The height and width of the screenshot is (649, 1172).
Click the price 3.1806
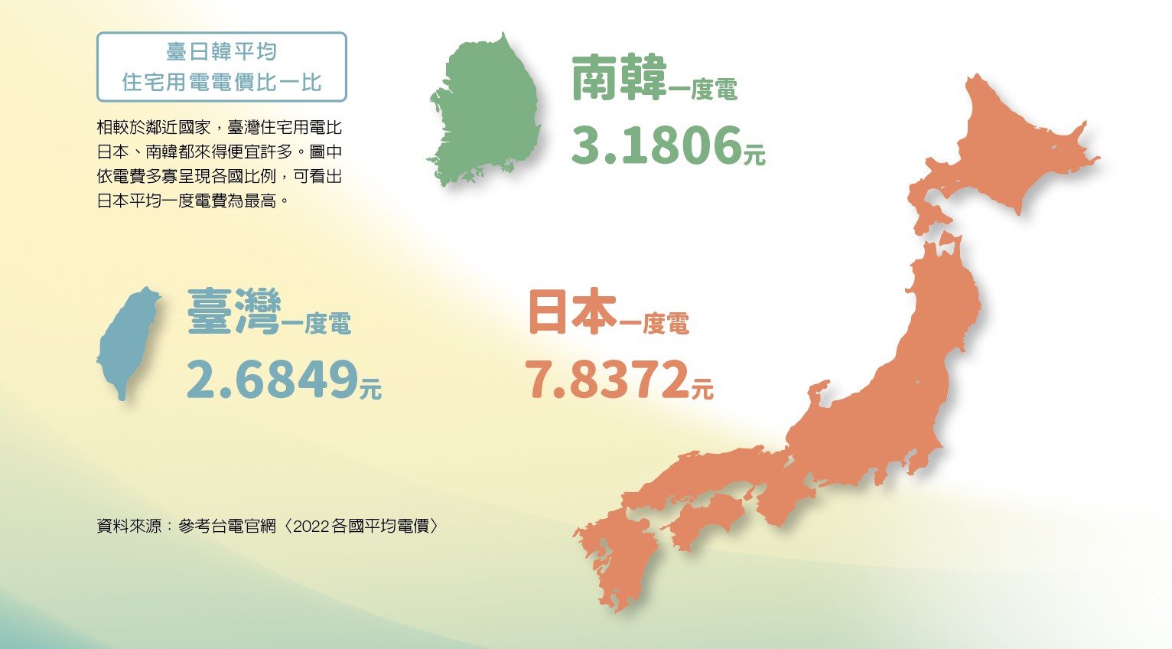tap(656, 145)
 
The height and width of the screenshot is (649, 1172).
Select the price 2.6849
tap(272, 379)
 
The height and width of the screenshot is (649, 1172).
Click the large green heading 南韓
tap(619, 78)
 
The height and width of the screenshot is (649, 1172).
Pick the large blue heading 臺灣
tap(233, 312)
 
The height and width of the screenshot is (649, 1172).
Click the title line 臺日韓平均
tap(222, 52)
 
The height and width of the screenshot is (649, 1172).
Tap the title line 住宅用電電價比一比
tap(222, 82)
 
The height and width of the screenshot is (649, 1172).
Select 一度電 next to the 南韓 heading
tap(703, 90)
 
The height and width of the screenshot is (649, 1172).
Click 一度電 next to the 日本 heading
tap(655, 324)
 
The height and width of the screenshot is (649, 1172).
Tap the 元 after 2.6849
tap(370, 389)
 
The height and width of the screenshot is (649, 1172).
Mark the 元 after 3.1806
tap(754, 155)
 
